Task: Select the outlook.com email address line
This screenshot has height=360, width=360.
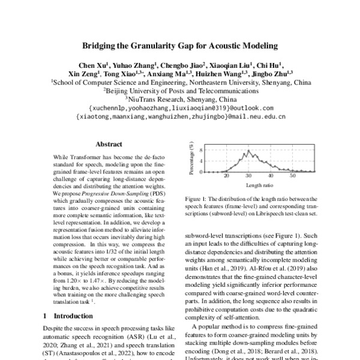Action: (x=180, y=107)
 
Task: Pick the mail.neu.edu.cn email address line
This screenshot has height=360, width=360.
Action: (x=180, y=116)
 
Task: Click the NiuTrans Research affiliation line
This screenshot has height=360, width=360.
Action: (x=180, y=99)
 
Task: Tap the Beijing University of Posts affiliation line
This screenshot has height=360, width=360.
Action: (x=180, y=91)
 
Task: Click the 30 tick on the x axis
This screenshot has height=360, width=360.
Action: (x=248, y=176)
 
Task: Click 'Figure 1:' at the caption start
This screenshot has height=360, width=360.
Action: (x=196, y=199)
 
